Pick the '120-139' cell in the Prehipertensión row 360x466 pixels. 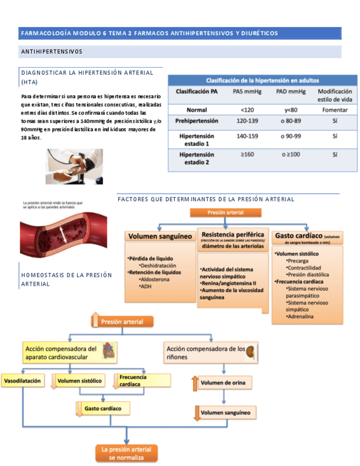[x=246, y=120]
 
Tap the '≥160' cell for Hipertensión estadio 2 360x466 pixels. [x=247, y=154]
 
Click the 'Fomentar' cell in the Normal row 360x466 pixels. [x=335, y=110]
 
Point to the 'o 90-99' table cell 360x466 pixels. [x=290, y=136]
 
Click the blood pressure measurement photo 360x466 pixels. [x=74, y=166]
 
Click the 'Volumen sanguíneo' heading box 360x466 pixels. [x=160, y=236]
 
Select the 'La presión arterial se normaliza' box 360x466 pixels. [x=126, y=453]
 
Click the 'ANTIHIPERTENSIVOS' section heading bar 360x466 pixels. [x=180, y=52]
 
